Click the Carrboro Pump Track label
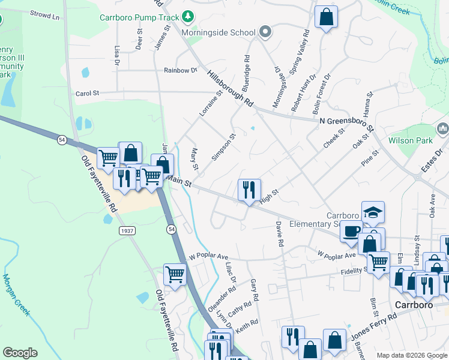pos(139,17)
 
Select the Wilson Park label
pos(420,140)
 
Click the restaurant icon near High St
pos(249,190)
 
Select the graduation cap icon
pos(373,212)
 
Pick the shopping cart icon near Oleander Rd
pos(175,274)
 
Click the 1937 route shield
pos(127,231)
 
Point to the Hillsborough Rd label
pos(231,88)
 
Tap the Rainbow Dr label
pos(181,70)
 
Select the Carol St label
pos(87,94)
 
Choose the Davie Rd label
pos(279,234)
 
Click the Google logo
pos(20,353)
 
